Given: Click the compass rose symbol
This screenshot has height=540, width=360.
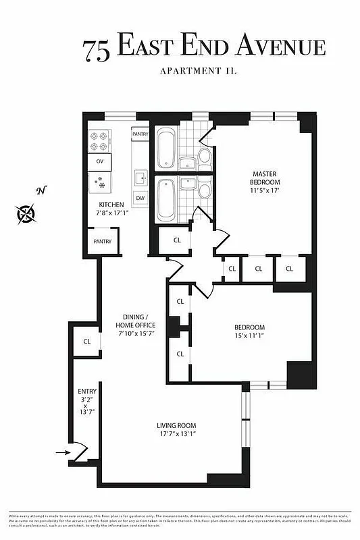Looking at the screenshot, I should [26, 213].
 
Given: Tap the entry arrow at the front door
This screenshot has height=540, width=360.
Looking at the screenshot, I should [61, 454].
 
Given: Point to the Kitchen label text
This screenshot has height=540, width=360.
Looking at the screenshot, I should [111, 205].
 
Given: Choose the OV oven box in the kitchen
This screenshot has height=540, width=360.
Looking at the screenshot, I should [100, 161].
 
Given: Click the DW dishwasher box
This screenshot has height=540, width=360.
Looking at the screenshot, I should [140, 198].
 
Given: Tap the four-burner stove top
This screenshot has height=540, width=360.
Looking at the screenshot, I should [99, 142].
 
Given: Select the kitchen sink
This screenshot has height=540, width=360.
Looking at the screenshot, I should [140, 177].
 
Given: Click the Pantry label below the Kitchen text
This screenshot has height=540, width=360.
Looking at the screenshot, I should [102, 241].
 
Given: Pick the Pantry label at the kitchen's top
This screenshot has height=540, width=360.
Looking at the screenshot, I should [140, 134].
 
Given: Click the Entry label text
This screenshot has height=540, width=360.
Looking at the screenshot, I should [88, 391].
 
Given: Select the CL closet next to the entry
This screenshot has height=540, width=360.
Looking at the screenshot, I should [87, 342].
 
